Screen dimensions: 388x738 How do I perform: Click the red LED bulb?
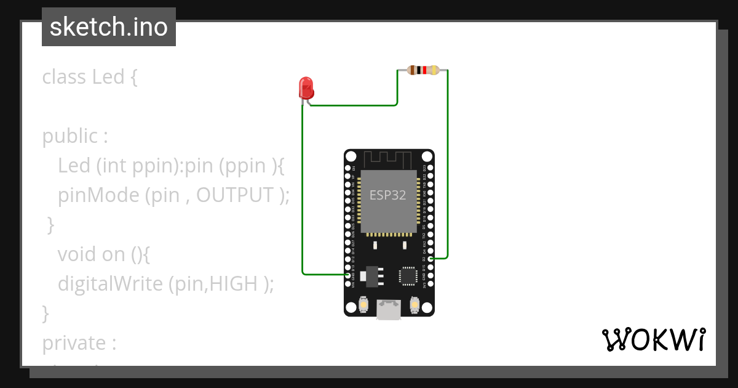point(306,87)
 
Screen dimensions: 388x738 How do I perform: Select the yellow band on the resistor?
point(435,70)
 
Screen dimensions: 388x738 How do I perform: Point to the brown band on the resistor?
point(412,70)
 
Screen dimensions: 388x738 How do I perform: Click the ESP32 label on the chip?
point(387,195)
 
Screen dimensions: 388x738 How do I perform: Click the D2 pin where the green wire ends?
point(431,259)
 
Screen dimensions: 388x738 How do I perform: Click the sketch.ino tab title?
point(108,27)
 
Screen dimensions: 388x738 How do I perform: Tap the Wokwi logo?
point(653,339)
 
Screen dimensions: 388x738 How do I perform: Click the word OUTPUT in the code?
point(234,195)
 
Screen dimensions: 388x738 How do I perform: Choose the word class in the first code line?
point(64,78)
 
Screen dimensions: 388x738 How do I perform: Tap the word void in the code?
point(74,254)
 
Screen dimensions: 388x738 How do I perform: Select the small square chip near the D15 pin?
point(408,275)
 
